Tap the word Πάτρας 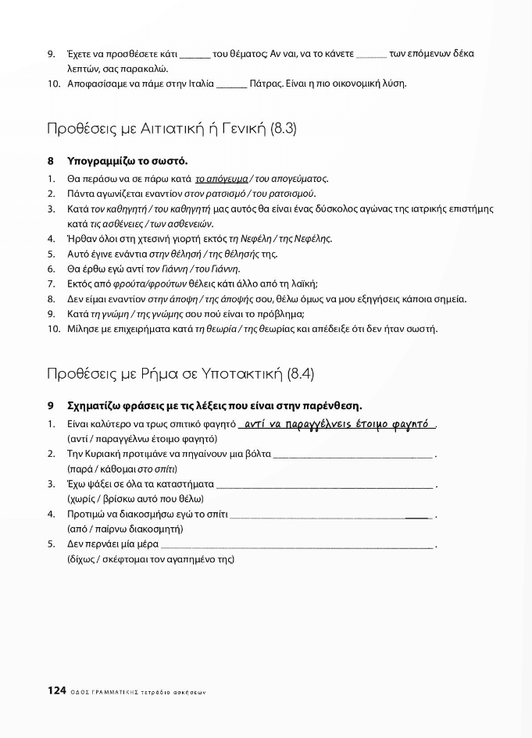coord(264,83)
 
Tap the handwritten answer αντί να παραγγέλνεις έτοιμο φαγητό coord(337,424)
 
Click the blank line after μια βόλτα coord(353,455)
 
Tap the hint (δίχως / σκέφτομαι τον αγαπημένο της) coord(152,558)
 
